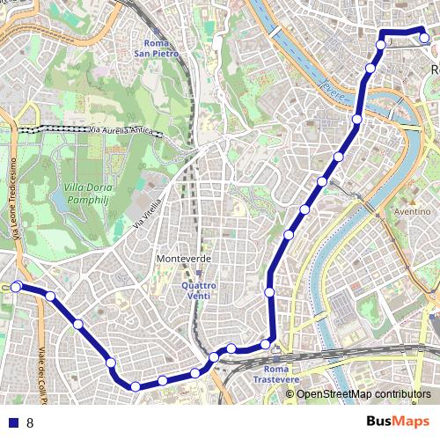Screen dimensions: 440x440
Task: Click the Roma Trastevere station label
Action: coord(275,373)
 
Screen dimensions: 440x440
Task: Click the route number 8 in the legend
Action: coord(30,423)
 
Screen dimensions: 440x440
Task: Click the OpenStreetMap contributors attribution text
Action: coord(363,394)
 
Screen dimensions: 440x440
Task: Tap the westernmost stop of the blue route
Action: coord(16,286)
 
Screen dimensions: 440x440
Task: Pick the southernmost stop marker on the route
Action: coord(136,386)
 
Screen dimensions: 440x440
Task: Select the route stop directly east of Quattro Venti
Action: coord(269,291)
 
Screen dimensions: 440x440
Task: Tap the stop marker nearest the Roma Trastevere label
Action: coord(265,343)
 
